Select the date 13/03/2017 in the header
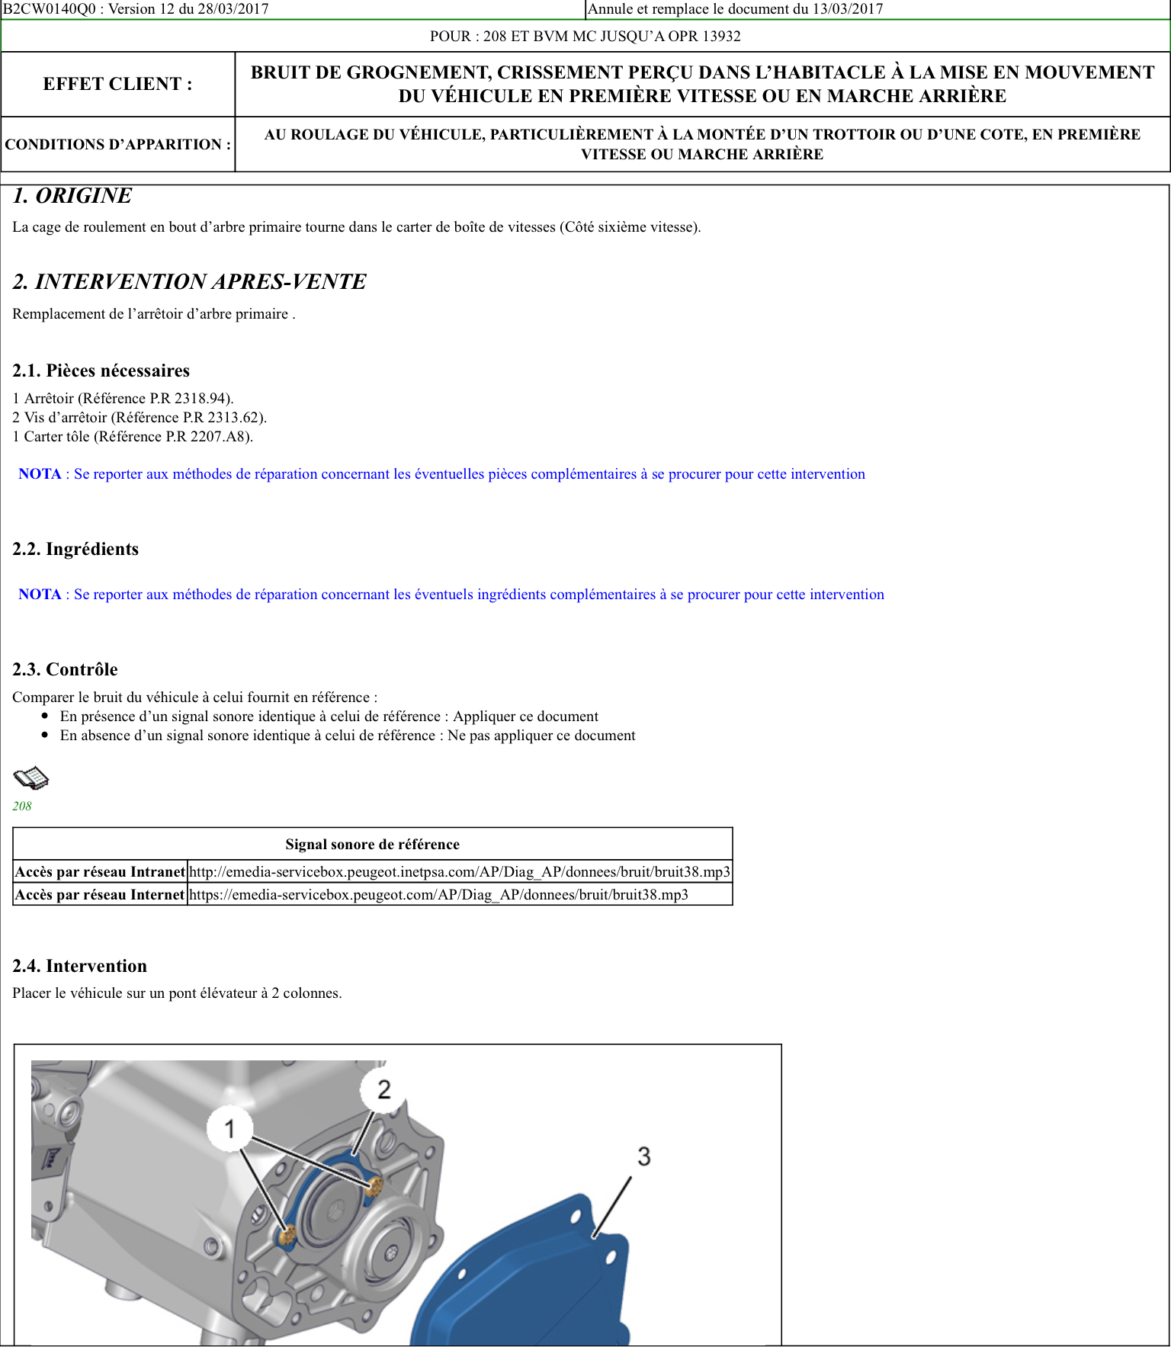click(x=847, y=9)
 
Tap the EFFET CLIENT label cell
click(x=117, y=84)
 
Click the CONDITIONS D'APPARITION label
click(x=117, y=144)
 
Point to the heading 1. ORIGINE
click(x=72, y=196)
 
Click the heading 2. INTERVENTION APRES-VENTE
click(x=189, y=282)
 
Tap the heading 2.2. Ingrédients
click(x=75, y=549)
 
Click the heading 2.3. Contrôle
click(x=65, y=669)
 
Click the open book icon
click(x=31, y=778)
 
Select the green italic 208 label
click(x=22, y=806)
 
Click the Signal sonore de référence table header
click(x=372, y=844)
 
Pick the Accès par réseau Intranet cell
click(x=100, y=871)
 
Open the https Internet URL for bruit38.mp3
click(x=438, y=894)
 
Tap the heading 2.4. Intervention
click(x=79, y=966)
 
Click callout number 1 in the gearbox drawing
click(x=229, y=1128)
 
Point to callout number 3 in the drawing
click(x=644, y=1156)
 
